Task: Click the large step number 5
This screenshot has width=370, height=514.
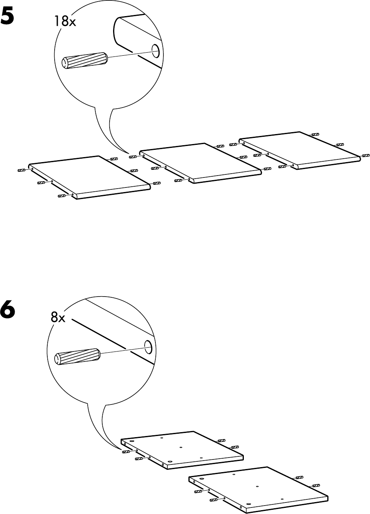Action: click(12, 17)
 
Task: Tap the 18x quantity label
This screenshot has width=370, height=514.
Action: click(65, 22)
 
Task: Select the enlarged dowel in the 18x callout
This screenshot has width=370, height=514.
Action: click(84, 61)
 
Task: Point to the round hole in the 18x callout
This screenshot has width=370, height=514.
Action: click(155, 50)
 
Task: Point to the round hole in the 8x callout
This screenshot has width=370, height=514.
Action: click(148, 347)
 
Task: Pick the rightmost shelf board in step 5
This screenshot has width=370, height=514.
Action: click(300, 149)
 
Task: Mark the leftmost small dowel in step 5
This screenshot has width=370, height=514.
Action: click(22, 170)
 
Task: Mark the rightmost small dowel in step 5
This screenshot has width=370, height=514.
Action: click(366, 156)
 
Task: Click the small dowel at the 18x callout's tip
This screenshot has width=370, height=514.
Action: click(133, 156)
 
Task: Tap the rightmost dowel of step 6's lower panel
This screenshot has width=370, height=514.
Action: click(316, 486)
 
